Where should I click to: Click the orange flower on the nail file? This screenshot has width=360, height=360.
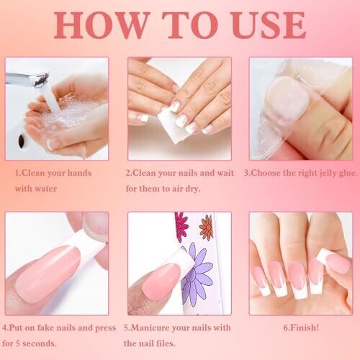[207, 228]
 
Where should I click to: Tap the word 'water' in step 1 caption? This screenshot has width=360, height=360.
[46, 189]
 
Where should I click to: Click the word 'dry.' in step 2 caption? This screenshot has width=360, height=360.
[192, 189]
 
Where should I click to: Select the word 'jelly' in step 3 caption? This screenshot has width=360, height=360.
[328, 174]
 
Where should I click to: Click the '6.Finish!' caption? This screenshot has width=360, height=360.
[301, 328]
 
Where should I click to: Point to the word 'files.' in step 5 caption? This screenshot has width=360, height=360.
[166, 343]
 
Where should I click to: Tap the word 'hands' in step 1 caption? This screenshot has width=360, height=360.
[79, 173]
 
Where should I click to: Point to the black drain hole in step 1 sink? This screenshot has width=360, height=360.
[22, 139]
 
